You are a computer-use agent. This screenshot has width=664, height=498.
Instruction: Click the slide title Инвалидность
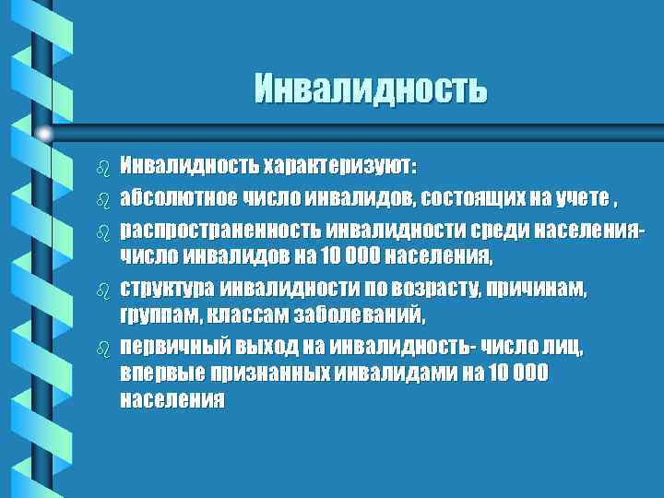click(x=370, y=89)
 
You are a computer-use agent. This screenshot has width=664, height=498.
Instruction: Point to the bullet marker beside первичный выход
click(x=103, y=349)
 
